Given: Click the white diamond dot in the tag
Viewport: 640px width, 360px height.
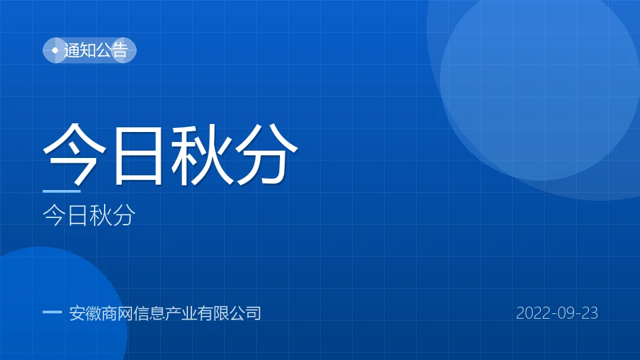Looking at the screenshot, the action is (x=55, y=50).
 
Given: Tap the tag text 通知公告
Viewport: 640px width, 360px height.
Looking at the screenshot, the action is (x=96, y=50).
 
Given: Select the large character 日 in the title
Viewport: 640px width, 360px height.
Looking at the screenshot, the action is (x=139, y=155).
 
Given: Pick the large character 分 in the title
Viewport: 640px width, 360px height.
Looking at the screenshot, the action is (x=266, y=154).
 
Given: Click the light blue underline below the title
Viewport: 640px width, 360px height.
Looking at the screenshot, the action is (x=61, y=191).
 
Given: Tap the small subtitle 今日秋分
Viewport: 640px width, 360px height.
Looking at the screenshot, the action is (x=89, y=215).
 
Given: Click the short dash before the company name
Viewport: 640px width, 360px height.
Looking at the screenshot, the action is (x=52, y=312).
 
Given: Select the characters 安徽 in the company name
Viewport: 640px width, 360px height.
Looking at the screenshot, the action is (x=85, y=313).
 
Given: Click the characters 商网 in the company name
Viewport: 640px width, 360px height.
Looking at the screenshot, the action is (x=117, y=313).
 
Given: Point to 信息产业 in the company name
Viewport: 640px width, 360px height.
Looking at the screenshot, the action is (x=165, y=313).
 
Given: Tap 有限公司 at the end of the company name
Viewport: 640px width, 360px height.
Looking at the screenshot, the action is (x=229, y=313).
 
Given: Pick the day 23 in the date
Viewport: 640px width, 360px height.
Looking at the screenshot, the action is (x=589, y=313).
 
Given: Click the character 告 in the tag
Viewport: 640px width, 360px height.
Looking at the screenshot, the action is (x=120, y=50).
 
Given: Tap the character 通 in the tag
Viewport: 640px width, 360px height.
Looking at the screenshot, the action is (x=72, y=50).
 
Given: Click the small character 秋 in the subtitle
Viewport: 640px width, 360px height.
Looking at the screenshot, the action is (x=101, y=215).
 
